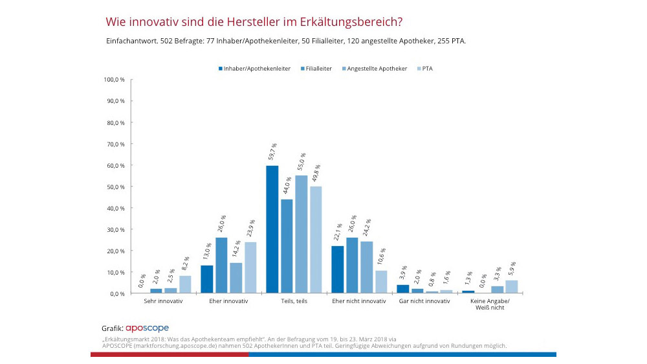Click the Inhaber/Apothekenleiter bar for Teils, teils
272,230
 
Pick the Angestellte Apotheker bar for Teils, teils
301,234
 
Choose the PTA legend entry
426,68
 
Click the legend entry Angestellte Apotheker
377,68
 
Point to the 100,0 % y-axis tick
114,80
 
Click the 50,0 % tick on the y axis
115,187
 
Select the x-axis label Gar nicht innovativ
424,301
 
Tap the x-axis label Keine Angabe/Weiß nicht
489,304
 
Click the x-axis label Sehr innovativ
163,301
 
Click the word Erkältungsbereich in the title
351,21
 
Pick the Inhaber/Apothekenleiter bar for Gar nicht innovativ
402,290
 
